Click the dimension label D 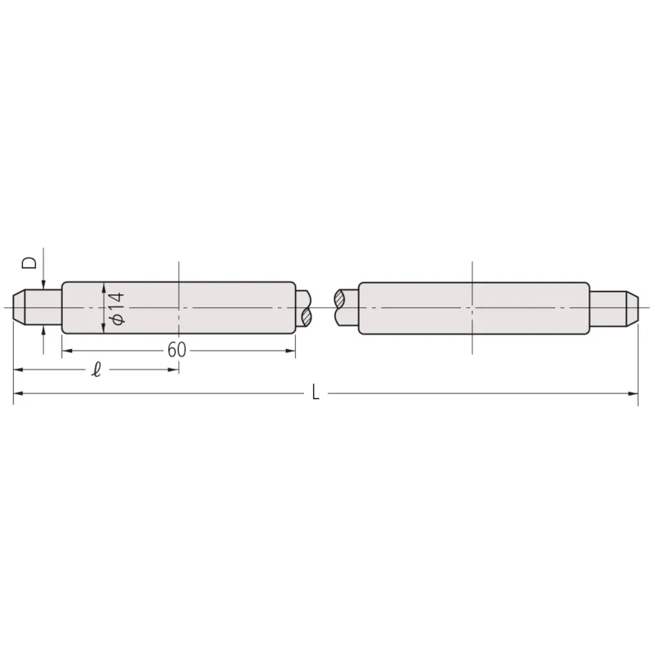point(29,262)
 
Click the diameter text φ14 point(116,308)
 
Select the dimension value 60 point(177,350)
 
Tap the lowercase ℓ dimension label point(96,370)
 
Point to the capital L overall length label point(316,392)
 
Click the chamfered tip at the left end point(19,308)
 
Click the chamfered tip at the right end point(632,308)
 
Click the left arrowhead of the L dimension point(19,393)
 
